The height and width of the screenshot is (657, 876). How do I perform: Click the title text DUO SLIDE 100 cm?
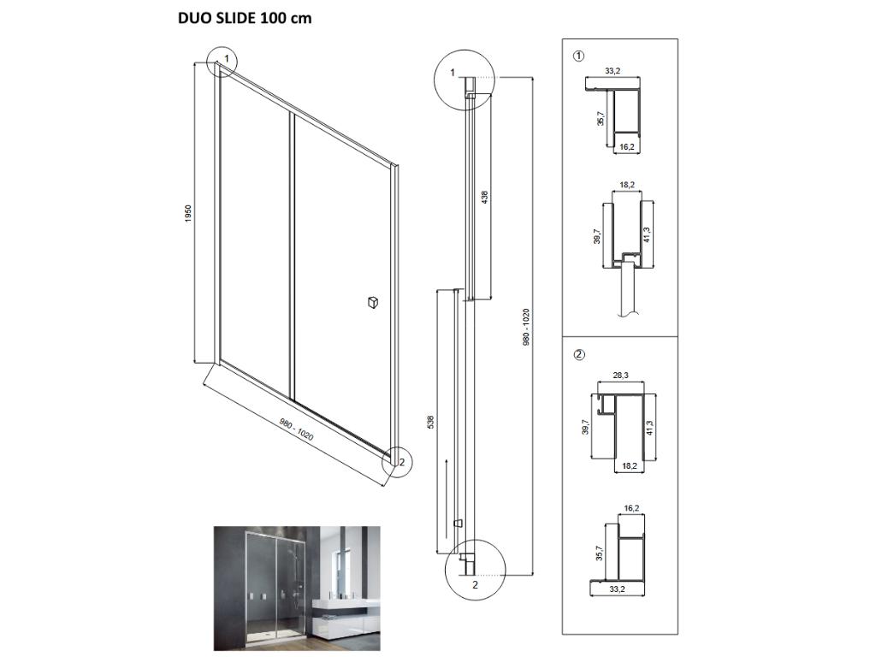[245, 18]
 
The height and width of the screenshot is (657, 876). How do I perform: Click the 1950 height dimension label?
[187, 214]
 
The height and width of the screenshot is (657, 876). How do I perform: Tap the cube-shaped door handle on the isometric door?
[372, 301]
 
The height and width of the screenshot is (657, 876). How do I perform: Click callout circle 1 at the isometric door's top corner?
[225, 59]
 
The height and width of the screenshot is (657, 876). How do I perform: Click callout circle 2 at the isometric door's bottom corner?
[399, 461]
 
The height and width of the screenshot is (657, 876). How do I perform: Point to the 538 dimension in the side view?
[430, 422]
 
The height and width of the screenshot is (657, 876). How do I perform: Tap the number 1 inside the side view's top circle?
[453, 72]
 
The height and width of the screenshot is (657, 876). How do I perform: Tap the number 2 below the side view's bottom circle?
[475, 586]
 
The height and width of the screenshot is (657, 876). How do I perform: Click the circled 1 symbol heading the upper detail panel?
[578, 57]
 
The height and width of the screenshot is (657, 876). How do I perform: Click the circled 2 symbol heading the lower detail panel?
[578, 354]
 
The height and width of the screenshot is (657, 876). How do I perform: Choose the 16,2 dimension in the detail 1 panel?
[626, 147]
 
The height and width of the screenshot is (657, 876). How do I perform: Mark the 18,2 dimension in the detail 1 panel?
[627, 184]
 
